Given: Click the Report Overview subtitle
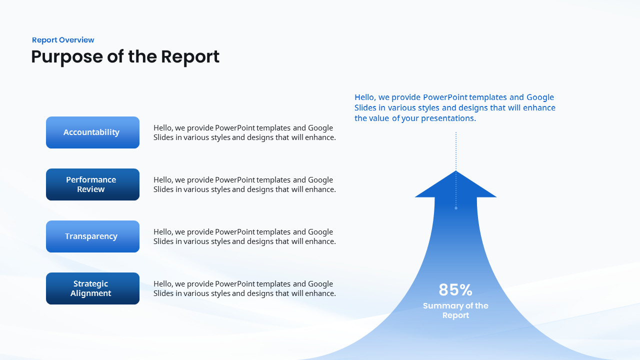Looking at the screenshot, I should coord(63,40).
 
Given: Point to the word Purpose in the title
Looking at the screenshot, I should coord(66,57).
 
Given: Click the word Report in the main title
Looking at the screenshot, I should coord(190,56).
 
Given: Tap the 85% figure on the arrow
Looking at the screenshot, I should coord(455,290).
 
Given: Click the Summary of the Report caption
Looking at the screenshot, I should coord(455,310).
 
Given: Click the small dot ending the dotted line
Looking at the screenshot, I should coord(455,208).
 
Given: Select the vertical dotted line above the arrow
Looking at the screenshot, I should coord(455,150).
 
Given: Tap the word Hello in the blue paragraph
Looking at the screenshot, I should coord(365,97).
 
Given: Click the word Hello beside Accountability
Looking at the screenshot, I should coord(163,128).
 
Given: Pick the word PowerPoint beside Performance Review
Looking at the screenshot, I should coord(234,180).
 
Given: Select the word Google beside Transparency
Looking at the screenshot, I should coord(320,232).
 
